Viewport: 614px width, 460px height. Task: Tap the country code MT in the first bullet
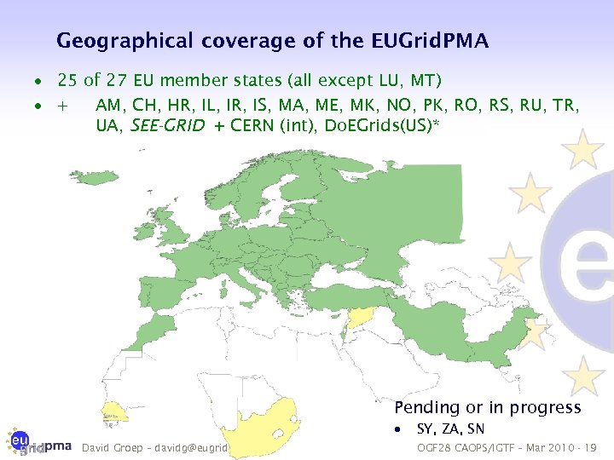click(x=423, y=82)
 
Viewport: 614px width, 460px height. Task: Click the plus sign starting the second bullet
click(x=62, y=106)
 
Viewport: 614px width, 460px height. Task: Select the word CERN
click(x=255, y=127)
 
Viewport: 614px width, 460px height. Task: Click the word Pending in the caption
click(x=426, y=408)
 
